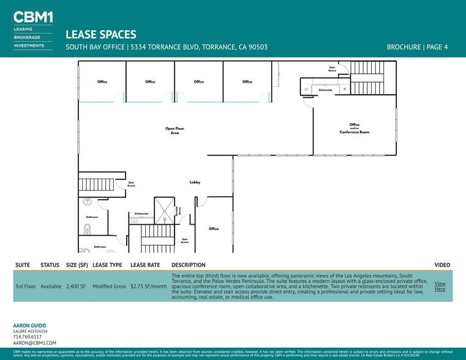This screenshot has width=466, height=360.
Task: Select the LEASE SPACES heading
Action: click(x=100, y=35)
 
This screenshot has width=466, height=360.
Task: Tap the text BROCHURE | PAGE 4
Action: click(x=417, y=47)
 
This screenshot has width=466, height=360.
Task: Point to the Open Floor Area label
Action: click(x=175, y=130)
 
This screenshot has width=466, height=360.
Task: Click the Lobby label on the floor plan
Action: click(x=195, y=182)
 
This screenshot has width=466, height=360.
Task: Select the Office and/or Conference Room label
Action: click(x=355, y=129)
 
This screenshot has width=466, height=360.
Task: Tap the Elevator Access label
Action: click(x=178, y=211)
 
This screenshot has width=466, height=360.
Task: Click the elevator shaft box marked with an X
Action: click(x=163, y=211)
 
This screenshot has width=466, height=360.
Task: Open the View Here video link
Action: click(x=440, y=286)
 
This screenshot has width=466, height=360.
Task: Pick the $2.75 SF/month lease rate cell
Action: click(x=149, y=287)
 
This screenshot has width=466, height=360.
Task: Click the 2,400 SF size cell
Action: click(x=77, y=287)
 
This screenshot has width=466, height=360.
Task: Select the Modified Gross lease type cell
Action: click(x=109, y=287)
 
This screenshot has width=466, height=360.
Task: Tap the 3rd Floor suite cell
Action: click(x=26, y=287)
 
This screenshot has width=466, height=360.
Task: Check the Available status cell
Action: click(x=51, y=287)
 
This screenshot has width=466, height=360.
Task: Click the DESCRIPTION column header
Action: click(x=189, y=265)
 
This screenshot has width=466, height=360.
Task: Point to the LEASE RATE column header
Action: click(x=145, y=265)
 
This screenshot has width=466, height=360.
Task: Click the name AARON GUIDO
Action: click(x=29, y=325)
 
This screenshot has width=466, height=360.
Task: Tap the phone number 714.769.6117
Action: click(x=27, y=337)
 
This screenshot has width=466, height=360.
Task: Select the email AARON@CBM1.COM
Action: click(x=34, y=343)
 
